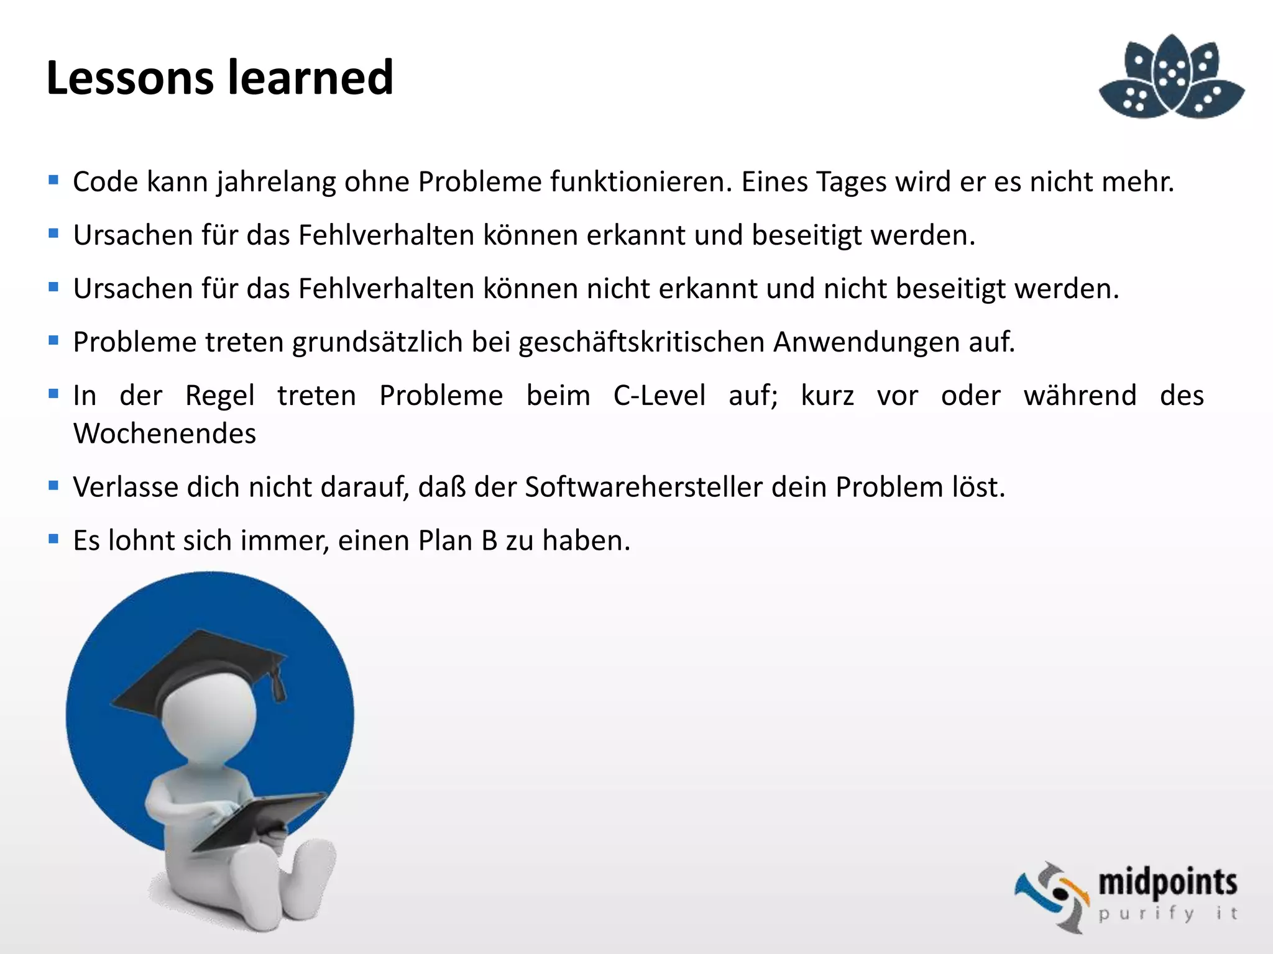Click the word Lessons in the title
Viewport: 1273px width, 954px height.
click(129, 78)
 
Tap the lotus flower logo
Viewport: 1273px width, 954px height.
click(1172, 78)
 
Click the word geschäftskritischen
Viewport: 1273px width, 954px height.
click(641, 342)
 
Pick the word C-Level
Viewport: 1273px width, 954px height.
click(659, 396)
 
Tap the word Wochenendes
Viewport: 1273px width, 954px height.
click(165, 434)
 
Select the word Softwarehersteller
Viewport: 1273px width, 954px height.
click(643, 487)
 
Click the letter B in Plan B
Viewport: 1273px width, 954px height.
click(489, 540)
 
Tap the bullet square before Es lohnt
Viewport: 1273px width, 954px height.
click(53, 538)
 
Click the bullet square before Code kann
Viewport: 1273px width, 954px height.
click(53, 180)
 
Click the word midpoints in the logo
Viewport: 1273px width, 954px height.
click(1167, 883)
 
